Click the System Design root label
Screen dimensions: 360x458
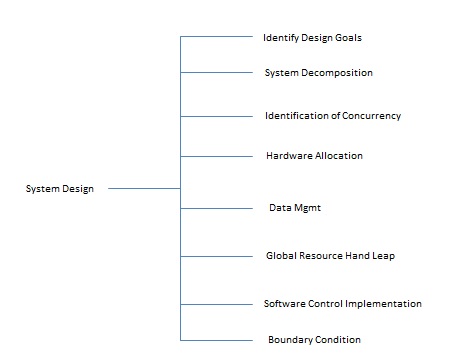[x=60, y=189]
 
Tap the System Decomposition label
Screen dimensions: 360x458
[x=318, y=73]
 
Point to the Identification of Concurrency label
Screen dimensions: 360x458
[x=333, y=116]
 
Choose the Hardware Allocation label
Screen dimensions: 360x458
[x=314, y=156]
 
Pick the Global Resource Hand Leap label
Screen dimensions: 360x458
[x=330, y=256]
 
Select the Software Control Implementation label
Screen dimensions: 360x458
[x=342, y=303]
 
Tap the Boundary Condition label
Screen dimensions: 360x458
[x=314, y=339]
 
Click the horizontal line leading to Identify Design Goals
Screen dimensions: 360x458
[x=216, y=38]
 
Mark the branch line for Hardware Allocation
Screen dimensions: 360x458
[x=216, y=156]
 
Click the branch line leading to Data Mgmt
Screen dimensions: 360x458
[x=216, y=208]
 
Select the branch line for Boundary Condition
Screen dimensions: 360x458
[x=216, y=340]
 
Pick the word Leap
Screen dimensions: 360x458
[x=384, y=256]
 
